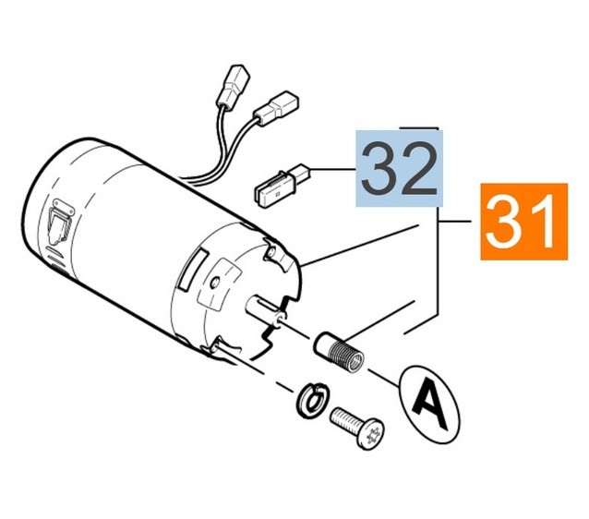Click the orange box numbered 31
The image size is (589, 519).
tap(524, 222)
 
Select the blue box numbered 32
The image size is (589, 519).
tap(400, 168)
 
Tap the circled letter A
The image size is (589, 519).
tap(429, 404)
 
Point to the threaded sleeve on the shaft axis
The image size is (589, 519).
tap(339, 352)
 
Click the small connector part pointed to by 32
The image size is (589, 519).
tap(282, 186)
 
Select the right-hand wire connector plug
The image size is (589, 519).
tap(276, 108)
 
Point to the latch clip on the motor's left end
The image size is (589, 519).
tap(60, 221)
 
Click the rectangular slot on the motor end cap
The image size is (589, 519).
tap(193, 271)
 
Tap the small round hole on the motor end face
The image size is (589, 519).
tap(215, 283)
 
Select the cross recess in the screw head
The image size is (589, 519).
tap(372, 434)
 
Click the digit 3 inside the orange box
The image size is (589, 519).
tap(504, 223)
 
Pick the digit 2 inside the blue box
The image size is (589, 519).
tap(419, 169)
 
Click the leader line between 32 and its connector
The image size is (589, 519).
tap(333, 170)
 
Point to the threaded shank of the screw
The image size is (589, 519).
tap(344, 420)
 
